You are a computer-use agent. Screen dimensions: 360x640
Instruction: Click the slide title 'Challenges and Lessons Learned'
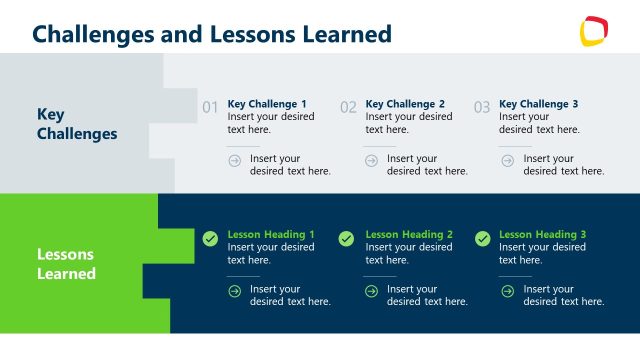pos(211,34)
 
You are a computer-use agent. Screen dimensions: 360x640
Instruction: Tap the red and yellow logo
pos(594,31)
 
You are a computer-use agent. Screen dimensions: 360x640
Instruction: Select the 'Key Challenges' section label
pos(77,124)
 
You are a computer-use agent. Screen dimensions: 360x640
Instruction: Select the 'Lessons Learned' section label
pos(67,264)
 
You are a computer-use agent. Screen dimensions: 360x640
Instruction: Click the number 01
pos(210,107)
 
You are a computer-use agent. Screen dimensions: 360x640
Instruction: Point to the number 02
pos(348,107)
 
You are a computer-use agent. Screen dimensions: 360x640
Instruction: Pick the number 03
pos(482,107)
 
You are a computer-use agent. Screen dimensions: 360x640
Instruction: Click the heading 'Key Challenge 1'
pos(267,104)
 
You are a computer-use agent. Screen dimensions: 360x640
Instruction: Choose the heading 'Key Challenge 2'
pos(405,104)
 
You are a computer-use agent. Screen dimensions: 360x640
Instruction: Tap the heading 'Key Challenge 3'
pos(538,104)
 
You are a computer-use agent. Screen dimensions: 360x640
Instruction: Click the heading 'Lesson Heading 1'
pos(271,235)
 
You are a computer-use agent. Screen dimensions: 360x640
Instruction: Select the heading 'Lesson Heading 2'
pos(409,235)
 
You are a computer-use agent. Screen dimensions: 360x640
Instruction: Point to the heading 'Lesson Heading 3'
pos(542,235)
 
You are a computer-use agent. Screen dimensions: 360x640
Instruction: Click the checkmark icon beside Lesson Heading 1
pos(210,239)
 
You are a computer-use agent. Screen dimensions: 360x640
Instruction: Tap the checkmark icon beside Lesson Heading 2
pos(346,239)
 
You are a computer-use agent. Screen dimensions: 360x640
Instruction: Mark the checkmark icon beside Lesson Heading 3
pos(482,239)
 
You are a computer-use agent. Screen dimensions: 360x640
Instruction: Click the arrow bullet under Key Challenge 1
pos(235,160)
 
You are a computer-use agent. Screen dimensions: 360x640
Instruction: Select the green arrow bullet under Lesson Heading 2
pos(371,291)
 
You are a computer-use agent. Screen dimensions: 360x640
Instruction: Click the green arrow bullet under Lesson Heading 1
pos(235,291)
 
